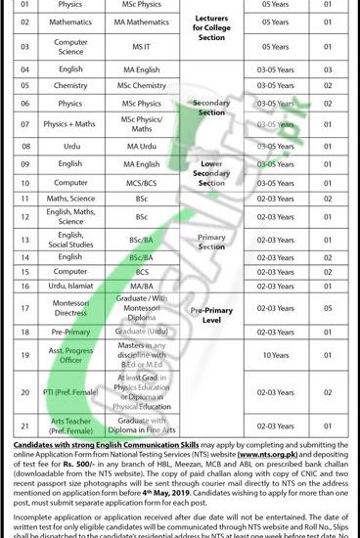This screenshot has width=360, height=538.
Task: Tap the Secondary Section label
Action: coord(211,107)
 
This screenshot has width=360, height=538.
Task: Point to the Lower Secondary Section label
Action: coord(211,172)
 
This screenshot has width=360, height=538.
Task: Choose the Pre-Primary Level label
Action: coord(211,312)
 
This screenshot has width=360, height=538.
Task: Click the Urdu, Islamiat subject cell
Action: coord(76,285)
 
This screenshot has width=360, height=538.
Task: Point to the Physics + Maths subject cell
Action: coord(76,124)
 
